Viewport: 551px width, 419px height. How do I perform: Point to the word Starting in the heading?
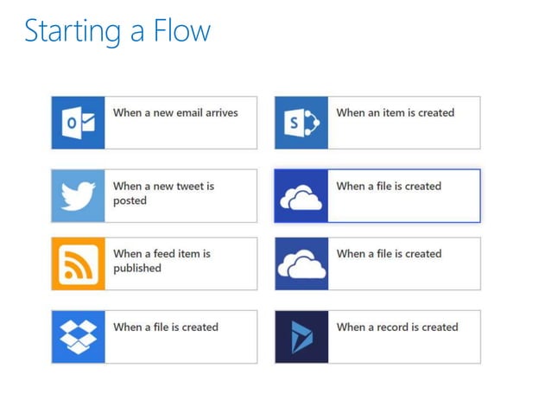[71, 33]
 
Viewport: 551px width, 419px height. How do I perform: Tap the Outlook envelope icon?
[78, 123]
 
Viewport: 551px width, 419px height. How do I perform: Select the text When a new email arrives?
[175, 112]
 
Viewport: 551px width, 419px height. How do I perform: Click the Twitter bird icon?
[78, 196]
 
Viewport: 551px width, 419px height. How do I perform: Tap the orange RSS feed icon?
[78, 263]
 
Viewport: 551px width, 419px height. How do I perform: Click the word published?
[137, 269]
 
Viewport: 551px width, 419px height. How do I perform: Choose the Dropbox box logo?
[78, 336]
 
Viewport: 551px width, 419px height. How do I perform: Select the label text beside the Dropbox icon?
[166, 327]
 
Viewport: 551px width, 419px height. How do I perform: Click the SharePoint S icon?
[301, 123]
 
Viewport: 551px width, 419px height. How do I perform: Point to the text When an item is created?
[396, 112]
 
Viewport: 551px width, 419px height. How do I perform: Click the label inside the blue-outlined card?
[389, 186]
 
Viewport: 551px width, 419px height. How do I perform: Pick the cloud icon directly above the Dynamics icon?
[301, 264]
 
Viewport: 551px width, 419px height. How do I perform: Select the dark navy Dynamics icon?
[301, 336]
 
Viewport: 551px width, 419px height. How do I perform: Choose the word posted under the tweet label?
[130, 201]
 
